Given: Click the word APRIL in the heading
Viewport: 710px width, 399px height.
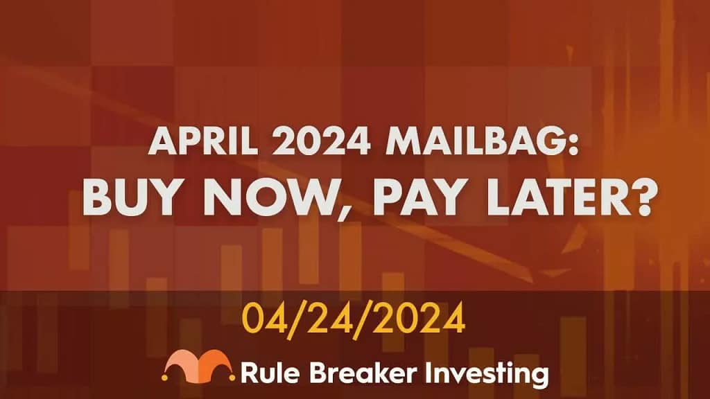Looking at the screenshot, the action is pos(203,141).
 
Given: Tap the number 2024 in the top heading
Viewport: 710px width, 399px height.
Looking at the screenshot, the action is pos(322,141).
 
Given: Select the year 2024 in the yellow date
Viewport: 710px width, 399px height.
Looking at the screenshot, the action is pos(418,317).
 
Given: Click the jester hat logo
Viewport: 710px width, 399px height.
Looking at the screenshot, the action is pos(198,366).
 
